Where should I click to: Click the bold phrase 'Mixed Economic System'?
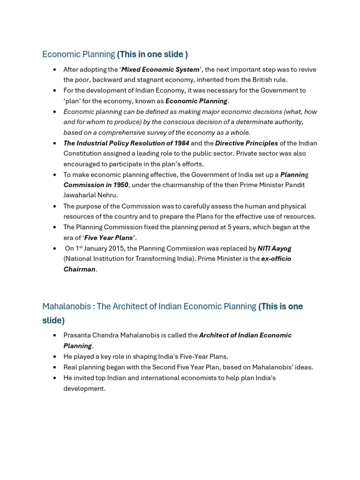160,69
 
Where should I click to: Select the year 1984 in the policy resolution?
181,143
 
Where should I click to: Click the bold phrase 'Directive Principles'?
247,143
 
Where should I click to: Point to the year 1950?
120,185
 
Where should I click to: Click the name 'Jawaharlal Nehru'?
90,195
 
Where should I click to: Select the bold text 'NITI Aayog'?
274,248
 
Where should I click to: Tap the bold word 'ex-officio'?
276,259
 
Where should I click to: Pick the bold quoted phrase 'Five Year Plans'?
109,238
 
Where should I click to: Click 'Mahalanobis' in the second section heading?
66,307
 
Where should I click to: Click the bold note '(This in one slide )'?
152,54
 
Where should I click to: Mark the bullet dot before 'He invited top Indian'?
55,378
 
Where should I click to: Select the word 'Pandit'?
294,185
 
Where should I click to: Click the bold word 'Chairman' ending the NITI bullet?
79,269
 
